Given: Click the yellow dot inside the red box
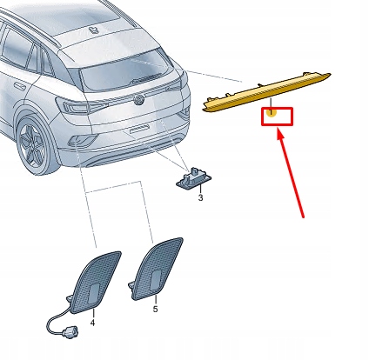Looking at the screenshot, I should click(272, 112).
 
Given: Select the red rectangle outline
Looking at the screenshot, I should click(277, 117).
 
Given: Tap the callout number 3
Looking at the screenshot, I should click(199, 199).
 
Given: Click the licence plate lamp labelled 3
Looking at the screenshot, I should click(192, 178).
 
